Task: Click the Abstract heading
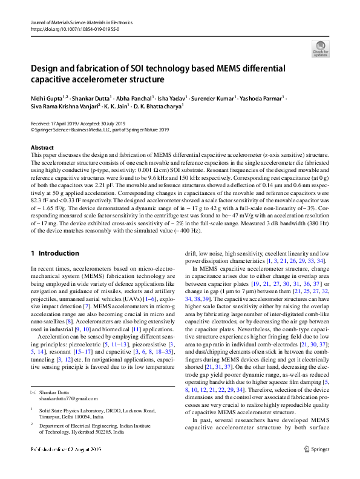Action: [x=42, y=148]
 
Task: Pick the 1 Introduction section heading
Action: [x=55, y=253]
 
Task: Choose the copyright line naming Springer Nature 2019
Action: [x=100, y=129]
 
